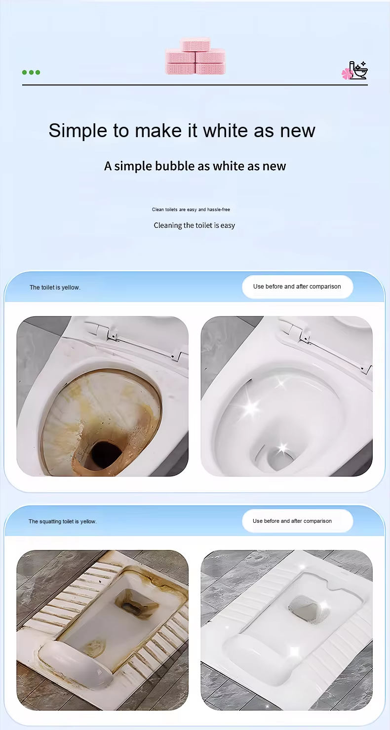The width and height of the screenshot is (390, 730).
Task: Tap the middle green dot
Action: click(31, 73)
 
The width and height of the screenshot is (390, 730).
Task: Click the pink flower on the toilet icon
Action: click(347, 73)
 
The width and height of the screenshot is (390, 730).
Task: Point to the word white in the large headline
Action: click(226, 131)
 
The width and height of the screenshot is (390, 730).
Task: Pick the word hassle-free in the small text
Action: click(219, 210)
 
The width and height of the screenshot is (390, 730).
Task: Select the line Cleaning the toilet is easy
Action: click(194, 225)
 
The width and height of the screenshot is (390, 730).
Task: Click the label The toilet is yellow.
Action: click(55, 288)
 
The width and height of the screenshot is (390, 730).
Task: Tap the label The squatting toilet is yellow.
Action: click(62, 521)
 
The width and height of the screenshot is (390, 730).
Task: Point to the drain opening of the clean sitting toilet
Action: click(279, 459)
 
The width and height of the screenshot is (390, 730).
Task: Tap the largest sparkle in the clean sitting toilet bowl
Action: click(251, 407)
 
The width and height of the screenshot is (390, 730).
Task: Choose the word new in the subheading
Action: click(274, 166)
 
